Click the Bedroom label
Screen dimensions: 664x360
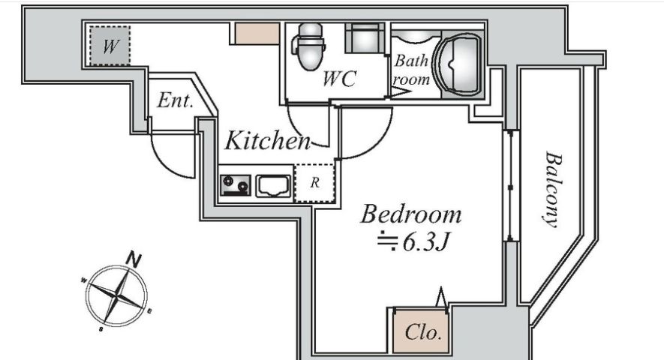[410, 214]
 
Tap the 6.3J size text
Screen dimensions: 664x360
[425, 242]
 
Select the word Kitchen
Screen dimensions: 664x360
[268, 140]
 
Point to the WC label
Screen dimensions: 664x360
[339, 79]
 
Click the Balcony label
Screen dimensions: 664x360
[554, 190]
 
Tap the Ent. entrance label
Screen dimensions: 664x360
[176, 100]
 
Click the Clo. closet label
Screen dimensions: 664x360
[423, 332]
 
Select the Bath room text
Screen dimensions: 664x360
[411, 70]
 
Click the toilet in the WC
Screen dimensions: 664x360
[308, 46]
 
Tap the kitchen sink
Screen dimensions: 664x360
[274, 186]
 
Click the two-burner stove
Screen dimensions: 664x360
[236, 185]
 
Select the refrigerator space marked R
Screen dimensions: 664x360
[314, 183]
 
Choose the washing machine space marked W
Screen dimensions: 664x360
[110, 46]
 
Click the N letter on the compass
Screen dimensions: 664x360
[134, 259]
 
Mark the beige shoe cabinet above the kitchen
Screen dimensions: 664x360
[257, 34]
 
